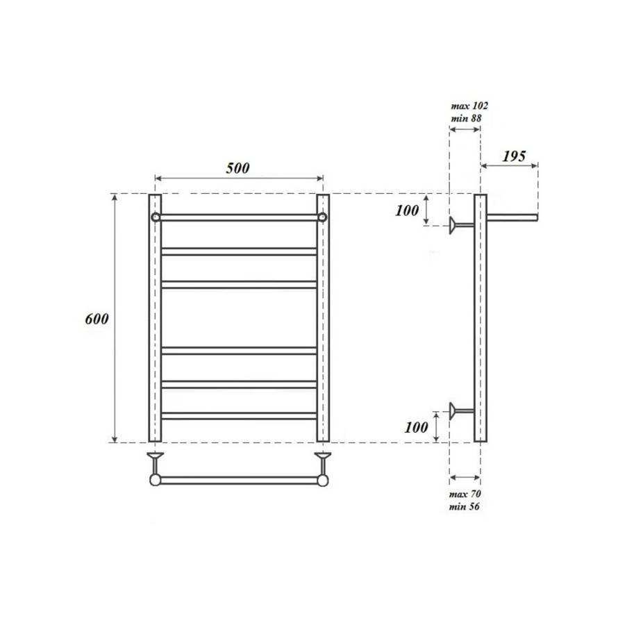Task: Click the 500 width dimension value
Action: pos(237,167)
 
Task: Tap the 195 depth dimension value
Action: pos(513,156)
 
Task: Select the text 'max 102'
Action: pos(469,106)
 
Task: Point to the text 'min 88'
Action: pos(466,118)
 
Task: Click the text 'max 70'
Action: pos(466,494)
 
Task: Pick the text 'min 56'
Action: pos(465,506)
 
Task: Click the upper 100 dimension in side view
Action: pos(408,210)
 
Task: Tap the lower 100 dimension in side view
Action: pos(417,427)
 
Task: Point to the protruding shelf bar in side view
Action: pos(512,217)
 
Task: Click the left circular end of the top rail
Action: pos(156,217)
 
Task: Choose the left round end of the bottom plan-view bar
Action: pos(156,480)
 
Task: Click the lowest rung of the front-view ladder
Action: pos(239,416)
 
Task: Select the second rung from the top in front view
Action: pos(239,251)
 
